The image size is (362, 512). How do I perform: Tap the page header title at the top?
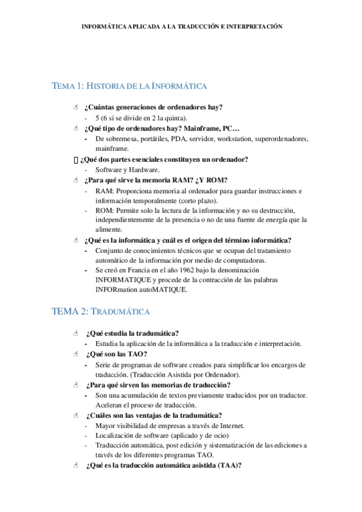181,27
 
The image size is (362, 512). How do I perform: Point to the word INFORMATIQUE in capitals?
126,280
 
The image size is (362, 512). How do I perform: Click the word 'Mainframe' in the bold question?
185,128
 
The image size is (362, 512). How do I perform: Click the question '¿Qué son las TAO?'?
117,354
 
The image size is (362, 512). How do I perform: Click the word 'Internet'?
231,426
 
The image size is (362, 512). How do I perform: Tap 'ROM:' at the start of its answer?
104,210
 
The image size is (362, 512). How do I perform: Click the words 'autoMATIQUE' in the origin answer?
167,290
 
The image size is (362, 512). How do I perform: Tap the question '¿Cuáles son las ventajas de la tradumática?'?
154,415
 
